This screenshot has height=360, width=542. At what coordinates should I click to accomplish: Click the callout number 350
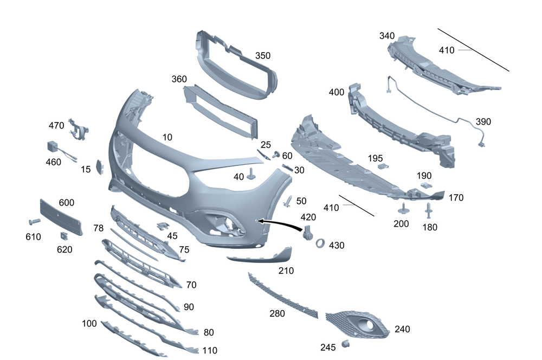[x=262, y=56]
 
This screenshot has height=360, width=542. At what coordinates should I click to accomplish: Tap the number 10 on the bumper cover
[x=167, y=138]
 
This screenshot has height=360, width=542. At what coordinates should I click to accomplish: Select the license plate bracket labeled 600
[x=61, y=217]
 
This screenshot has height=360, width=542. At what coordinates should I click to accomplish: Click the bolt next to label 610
[x=34, y=222]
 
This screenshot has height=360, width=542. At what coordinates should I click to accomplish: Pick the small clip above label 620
[x=63, y=236]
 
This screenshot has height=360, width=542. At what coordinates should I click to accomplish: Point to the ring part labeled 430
[x=320, y=243]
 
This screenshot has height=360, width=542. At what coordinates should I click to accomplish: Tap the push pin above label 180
[x=429, y=209]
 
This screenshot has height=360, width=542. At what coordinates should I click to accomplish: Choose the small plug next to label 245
[x=344, y=344]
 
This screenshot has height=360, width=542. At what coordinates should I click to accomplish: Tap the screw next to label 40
[x=251, y=173]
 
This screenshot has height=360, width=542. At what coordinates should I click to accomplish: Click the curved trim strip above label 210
[x=260, y=256]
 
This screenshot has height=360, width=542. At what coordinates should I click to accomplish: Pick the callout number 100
[x=89, y=324]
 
